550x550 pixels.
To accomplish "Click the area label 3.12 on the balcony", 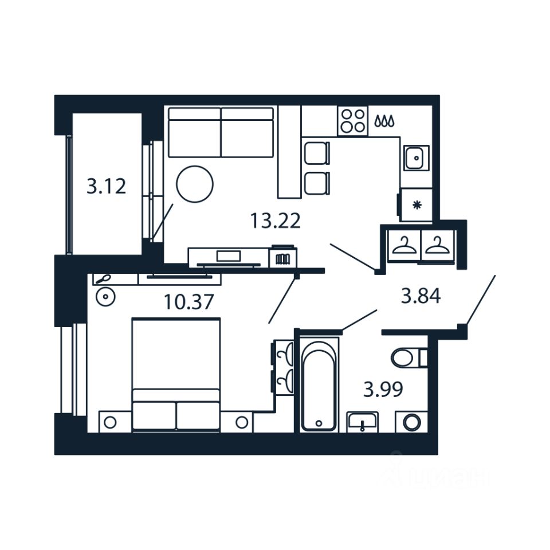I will pyautogui.click(x=106, y=186).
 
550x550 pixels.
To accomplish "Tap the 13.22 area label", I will pyautogui.click(x=275, y=220).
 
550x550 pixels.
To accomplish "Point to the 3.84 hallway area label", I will pyautogui.click(x=421, y=296).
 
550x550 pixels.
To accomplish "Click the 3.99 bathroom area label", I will pyautogui.click(x=383, y=390).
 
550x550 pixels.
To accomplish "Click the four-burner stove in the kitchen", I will pyautogui.click(x=352, y=121).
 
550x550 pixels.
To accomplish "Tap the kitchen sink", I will pyautogui.click(x=415, y=158).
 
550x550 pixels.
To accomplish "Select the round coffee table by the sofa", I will pyautogui.click(x=194, y=184).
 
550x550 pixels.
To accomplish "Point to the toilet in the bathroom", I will pyautogui.click(x=407, y=359).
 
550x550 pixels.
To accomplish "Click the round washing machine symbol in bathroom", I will pyautogui.click(x=411, y=423).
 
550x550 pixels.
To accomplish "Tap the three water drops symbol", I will pyautogui.click(x=384, y=121).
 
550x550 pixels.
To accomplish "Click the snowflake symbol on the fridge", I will pyautogui.click(x=417, y=205).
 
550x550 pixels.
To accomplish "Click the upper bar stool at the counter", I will pyautogui.click(x=316, y=153).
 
